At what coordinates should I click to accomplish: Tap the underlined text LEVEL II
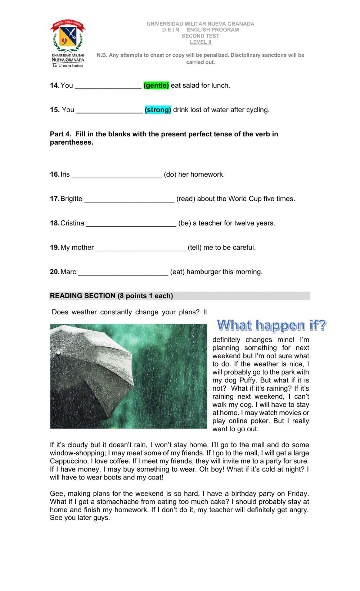point(201,42)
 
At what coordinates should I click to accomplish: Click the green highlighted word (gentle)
point(156,86)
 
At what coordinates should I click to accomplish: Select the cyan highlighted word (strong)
point(158,110)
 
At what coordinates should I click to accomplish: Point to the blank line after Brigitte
point(129,200)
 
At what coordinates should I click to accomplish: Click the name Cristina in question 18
point(72,223)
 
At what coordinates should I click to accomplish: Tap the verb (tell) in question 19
point(194,247)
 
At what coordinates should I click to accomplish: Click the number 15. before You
point(55,110)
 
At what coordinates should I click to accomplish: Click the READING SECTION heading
point(111,296)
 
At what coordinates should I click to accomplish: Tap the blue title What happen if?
point(271,326)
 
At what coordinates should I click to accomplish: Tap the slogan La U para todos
point(68,66)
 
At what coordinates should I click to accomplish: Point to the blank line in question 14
point(108,87)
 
